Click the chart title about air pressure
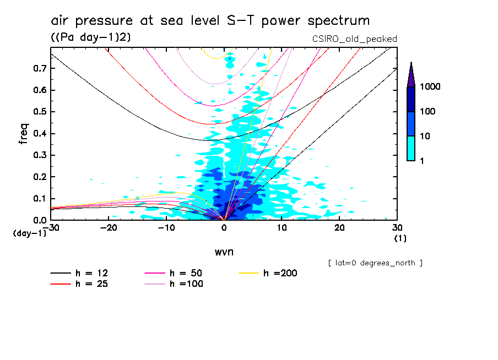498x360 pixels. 210,21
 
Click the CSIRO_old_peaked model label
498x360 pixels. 354,39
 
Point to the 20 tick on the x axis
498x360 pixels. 339,228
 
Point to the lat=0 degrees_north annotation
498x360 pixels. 375,263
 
